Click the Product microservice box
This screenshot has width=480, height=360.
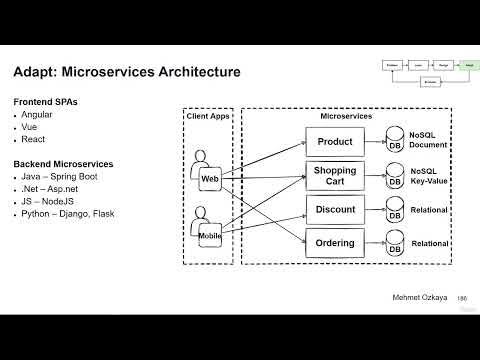tap(335, 142)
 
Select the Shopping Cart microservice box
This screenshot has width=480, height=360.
tap(335, 176)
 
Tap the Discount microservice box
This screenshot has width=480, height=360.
tap(335, 209)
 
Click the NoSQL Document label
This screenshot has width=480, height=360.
tap(428, 138)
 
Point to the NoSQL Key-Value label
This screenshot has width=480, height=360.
tap(428, 176)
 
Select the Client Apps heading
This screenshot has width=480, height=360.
tap(207, 117)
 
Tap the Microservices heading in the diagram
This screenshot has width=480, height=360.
tap(346, 117)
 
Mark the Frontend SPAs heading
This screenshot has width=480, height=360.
tap(46, 102)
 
